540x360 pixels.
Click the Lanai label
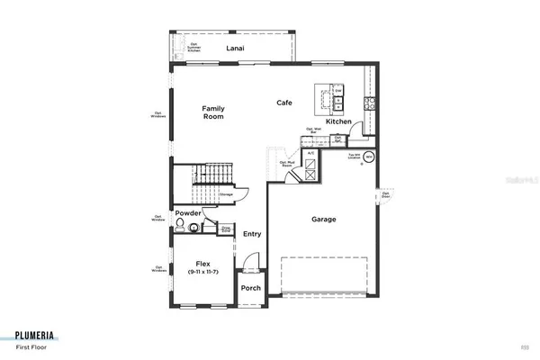(236, 48)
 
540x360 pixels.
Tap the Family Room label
(212, 112)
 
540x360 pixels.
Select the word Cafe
(285, 103)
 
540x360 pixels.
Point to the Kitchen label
(338, 121)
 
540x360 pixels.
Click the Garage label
(324, 219)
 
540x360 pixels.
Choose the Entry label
(253, 234)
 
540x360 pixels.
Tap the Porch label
(250, 289)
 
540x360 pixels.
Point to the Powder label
(188, 213)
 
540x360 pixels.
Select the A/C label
(310, 154)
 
